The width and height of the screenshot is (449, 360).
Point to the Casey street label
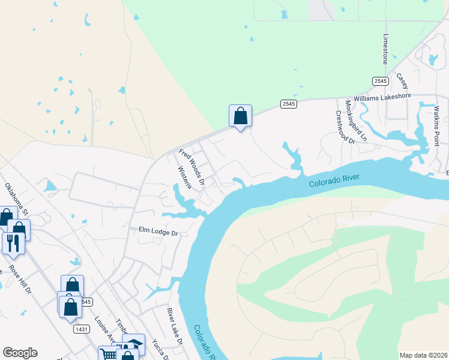click(x=402, y=81)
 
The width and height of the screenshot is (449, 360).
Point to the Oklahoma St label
click(x=17, y=199)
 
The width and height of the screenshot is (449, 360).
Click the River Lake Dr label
click(x=175, y=326)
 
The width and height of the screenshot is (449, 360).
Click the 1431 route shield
click(x=82, y=329)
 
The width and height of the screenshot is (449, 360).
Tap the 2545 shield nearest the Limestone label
click(x=379, y=81)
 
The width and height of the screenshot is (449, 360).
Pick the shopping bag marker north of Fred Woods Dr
click(x=240, y=115)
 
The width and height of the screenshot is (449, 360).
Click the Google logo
click(x=20, y=353)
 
